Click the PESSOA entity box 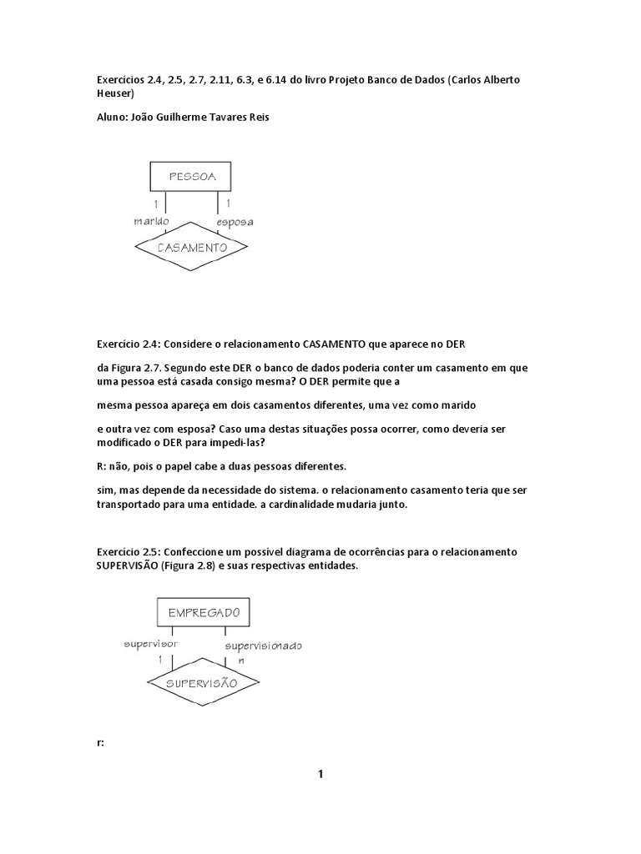click(x=191, y=177)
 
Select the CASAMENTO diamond click(x=191, y=247)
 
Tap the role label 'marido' click(x=151, y=221)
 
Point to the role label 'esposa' click(x=235, y=223)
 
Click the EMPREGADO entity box click(x=203, y=613)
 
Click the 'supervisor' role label click(x=150, y=644)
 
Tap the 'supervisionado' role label click(x=262, y=645)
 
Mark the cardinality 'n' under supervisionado click(x=240, y=661)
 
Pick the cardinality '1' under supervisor click(x=159, y=659)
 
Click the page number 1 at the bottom click(x=320, y=774)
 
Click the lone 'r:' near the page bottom click(x=101, y=741)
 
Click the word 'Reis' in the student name click(x=259, y=118)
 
